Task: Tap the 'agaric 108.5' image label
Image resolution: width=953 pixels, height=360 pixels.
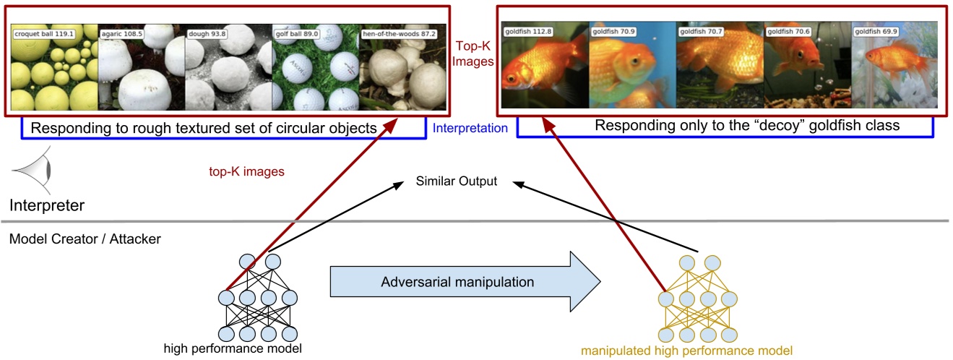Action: point(123,33)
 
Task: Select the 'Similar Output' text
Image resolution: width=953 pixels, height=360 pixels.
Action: point(457,181)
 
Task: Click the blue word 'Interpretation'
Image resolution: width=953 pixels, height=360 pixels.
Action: point(470,129)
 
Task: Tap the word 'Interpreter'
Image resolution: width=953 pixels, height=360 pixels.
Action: point(46,206)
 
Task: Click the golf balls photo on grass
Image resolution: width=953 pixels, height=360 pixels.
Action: point(316,67)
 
